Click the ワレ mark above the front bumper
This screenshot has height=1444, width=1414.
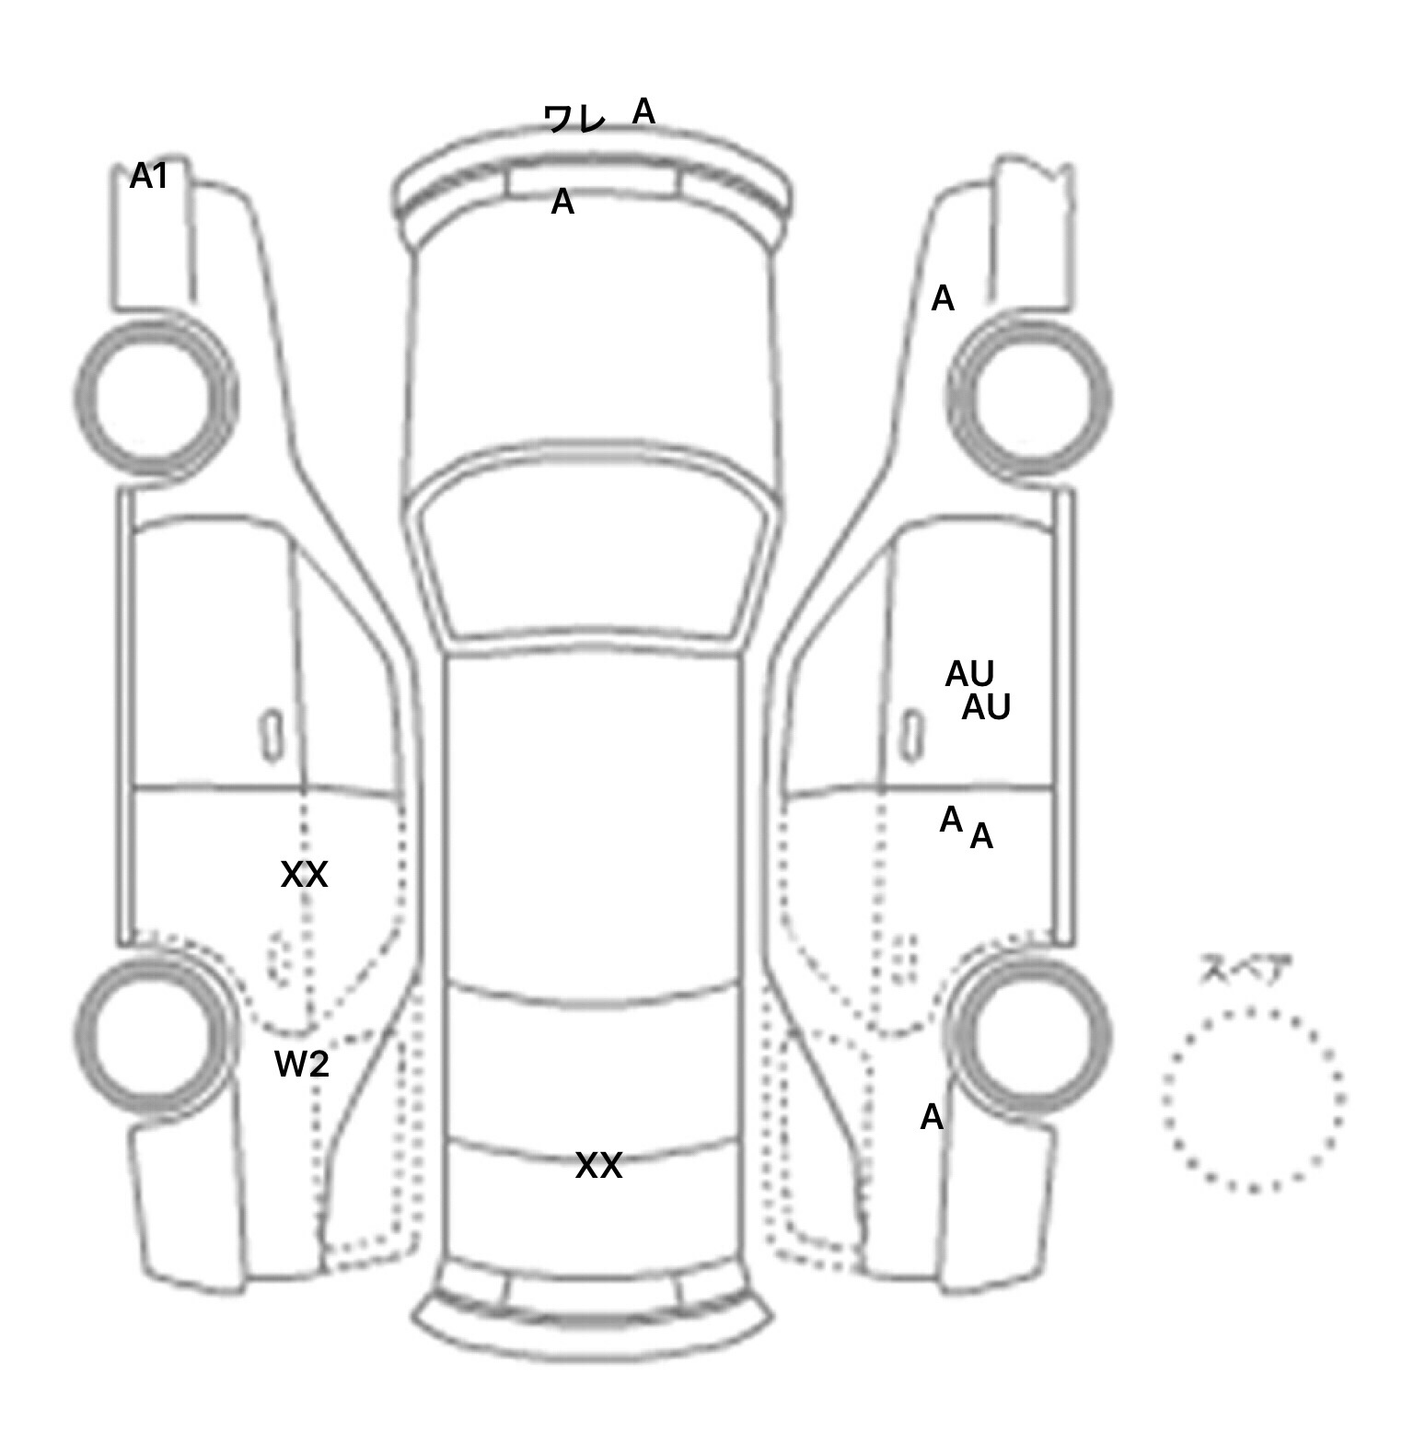[x=574, y=118]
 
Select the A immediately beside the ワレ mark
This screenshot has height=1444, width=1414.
[x=643, y=111]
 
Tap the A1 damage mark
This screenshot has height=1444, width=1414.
[x=149, y=176]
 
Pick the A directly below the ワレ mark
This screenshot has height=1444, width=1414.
[x=562, y=202]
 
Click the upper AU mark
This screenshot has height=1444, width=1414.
[x=969, y=675]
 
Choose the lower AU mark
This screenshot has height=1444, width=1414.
[x=986, y=707]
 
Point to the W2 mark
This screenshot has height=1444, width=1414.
[x=302, y=1065]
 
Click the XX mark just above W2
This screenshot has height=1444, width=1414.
[x=304, y=874]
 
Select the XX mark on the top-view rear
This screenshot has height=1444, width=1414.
[x=598, y=1166]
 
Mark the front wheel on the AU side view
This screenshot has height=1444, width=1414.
[x=1030, y=398]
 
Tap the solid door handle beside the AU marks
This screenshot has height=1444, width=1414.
[x=911, y=737]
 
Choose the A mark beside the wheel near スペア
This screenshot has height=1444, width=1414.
[x=932, y=1117]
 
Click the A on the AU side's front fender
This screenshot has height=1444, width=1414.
[x=943, y=298]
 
